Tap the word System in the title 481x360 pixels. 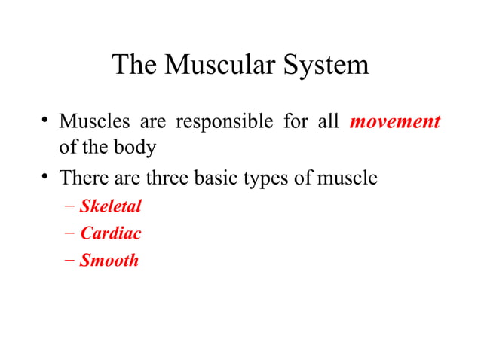click(326, 66)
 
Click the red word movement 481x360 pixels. click(395, 121)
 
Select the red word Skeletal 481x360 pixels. click(110, 206)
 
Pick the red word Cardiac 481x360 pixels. click(110, 233)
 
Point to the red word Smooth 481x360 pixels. click(109, 261)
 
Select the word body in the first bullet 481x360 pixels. click(136, 146)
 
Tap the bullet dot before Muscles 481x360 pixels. click(45, 121)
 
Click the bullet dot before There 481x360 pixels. click(45, 178)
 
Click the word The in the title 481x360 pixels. click(134, 66)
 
